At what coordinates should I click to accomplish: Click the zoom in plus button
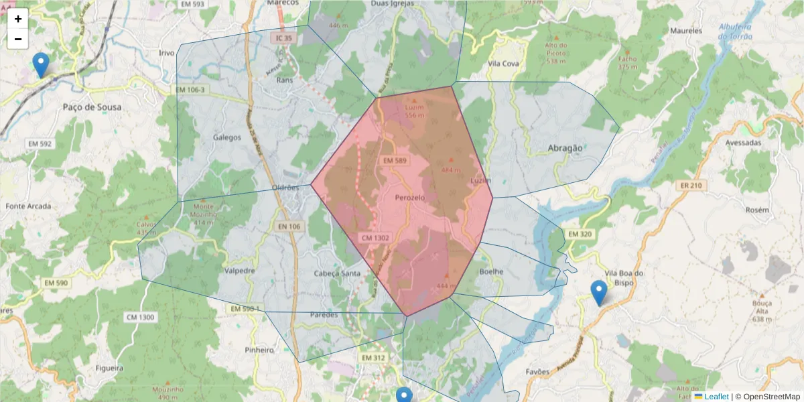point(18,19)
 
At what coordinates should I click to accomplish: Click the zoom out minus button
point(18,39)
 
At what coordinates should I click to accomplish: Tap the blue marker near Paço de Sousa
point(41,66)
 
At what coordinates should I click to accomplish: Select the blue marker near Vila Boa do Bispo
point(599,293)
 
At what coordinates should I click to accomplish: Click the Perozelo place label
point(411,198)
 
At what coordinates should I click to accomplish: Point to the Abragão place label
point(556,148)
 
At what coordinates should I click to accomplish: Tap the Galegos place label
point(226,137)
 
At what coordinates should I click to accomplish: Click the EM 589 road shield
point(395,161)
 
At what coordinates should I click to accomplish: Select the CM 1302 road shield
point(375,238)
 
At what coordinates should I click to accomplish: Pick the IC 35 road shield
point(284,38)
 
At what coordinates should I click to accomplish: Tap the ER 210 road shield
point(689,186)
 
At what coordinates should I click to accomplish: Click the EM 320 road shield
point(580,234)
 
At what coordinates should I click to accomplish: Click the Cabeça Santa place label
point(336,273)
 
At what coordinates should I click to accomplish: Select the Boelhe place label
point(491,271)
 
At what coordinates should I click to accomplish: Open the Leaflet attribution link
point(716,397)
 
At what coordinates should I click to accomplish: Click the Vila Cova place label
point(504,63)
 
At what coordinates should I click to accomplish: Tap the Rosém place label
point(757,210)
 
